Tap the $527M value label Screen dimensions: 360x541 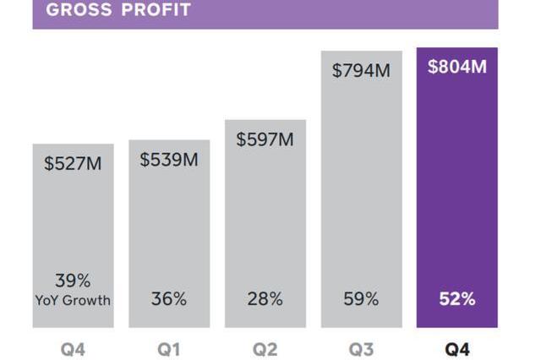click(73, 164)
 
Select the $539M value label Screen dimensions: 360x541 click(169, 159)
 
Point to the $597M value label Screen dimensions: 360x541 click(265, 139)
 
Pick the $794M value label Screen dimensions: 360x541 click(361, 71)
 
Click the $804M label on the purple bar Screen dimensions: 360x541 click(457, 67)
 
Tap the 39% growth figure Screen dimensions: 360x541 click(73, 281)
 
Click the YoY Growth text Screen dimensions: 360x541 click(73, 300)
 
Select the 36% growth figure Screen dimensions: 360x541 click(169, 299)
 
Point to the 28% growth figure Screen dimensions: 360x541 click(265, 299)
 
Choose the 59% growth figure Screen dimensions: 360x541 click(361, 299)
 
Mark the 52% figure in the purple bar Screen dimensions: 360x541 click(457, 299)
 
